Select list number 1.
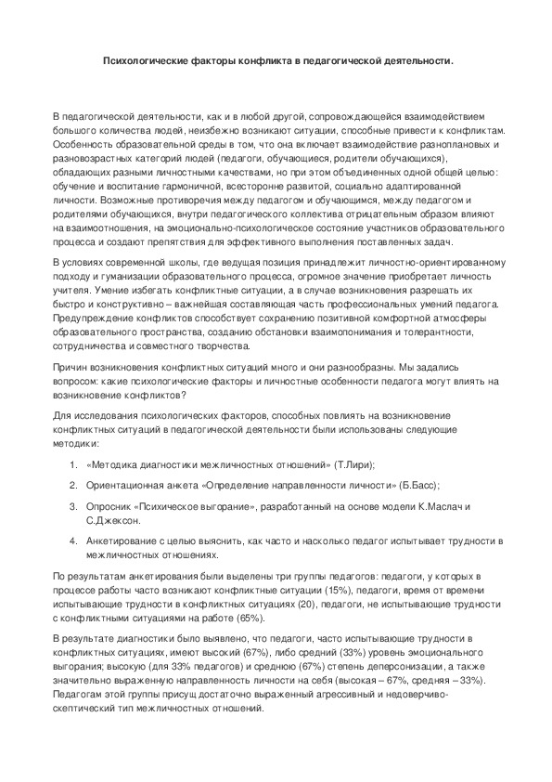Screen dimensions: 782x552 coord(73,463)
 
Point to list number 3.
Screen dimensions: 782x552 coord(73,505)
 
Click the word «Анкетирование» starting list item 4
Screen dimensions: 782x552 coord(121,541)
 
